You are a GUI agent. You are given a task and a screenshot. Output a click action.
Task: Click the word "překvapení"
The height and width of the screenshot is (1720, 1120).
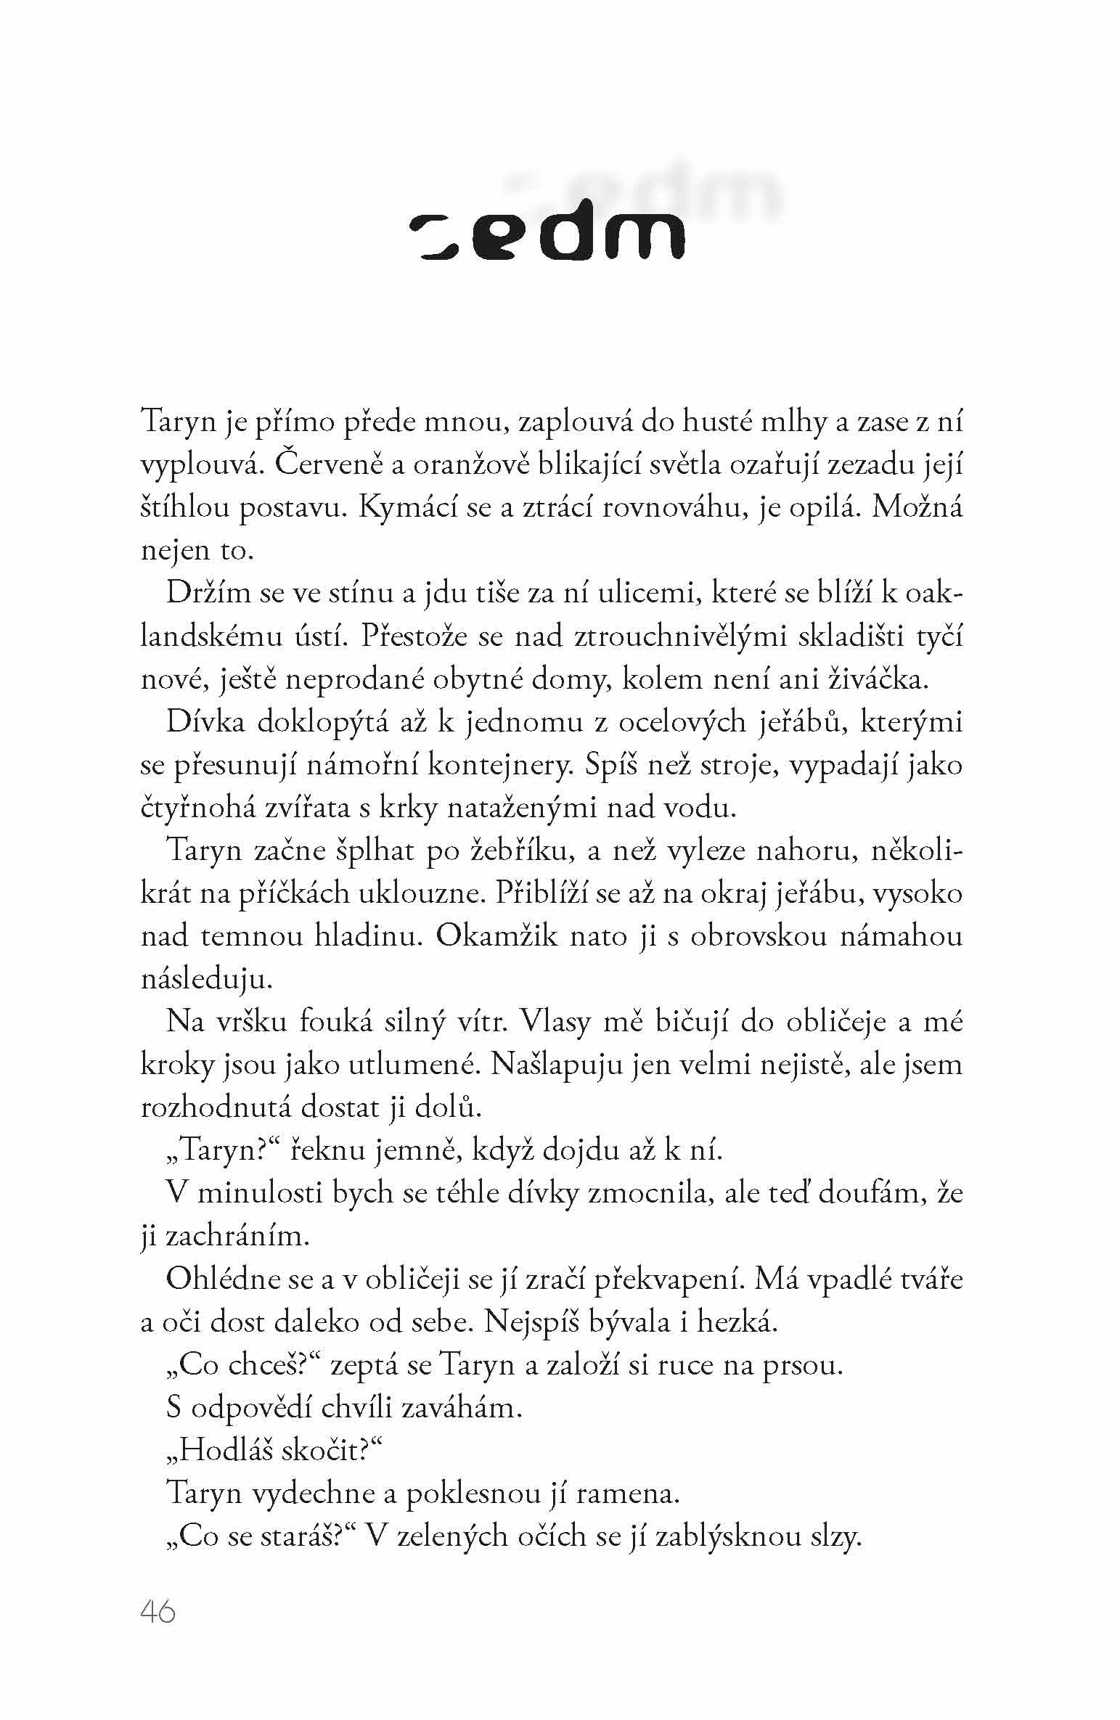click(x=668, y=1279)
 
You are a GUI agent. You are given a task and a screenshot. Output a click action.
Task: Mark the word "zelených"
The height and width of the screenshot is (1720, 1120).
click(x=453, y=1537)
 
